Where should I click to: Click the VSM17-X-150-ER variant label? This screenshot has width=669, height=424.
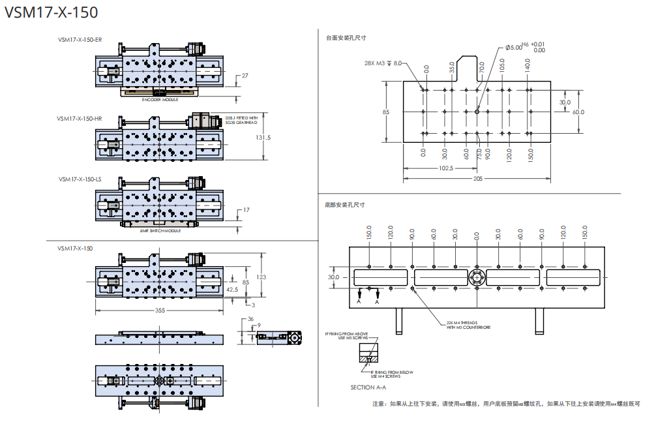click(79, 40)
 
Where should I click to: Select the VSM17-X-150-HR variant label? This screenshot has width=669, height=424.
click(79, 119)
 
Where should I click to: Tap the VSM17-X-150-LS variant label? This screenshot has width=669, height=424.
click(79, 178)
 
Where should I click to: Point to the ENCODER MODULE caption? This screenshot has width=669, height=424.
click(160, 100)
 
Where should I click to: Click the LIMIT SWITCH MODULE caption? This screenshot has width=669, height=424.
click(160, 230)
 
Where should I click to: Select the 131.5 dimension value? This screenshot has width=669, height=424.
click(263, 138)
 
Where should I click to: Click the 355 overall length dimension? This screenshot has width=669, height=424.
click(160, 310)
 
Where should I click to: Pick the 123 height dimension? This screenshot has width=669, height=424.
click(261, 277)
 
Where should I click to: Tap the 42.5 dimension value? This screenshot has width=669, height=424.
click(231, 289)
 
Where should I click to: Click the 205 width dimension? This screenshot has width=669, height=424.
click(478, 178)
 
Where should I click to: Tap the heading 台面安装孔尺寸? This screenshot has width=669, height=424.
click(346, 38)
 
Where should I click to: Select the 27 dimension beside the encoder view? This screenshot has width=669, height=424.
click(245, 76)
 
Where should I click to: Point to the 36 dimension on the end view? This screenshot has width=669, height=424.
click(250, 319)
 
